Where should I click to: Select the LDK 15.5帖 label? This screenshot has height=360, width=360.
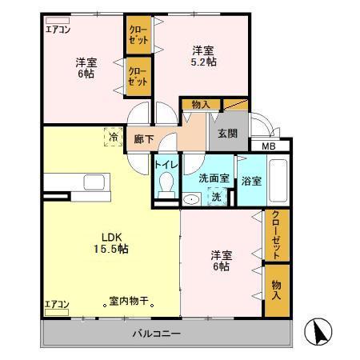[x=110, y=242]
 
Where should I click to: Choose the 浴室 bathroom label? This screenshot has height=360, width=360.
[x=251, y=181]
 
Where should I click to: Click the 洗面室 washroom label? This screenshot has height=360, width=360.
[x=214, y=178]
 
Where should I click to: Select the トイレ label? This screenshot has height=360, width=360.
[x=166, y=165]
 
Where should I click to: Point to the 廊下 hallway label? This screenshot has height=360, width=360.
[x=144, y=138]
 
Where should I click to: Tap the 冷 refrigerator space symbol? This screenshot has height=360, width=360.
[x=113, y=137]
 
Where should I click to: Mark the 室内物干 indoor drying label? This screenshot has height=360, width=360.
[x=131, y=302]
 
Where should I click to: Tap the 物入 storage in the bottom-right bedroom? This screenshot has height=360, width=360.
[x=276, y=289]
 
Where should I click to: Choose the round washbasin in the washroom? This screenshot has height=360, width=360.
[x=191, y=199]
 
